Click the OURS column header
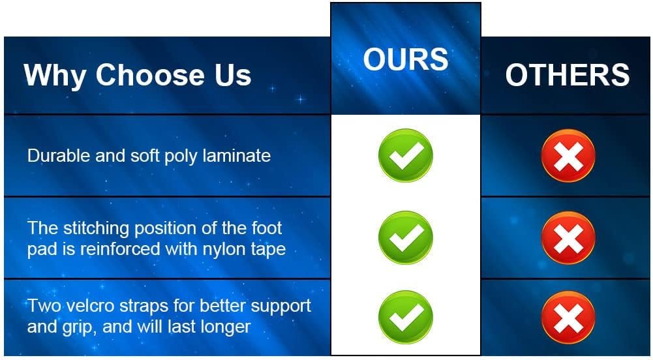(x=406, y=59)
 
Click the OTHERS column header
(x=568, y=75)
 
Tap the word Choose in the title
(x=150, y=75)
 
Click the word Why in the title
(x=55, y=76)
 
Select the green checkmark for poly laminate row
(x=406, y=155)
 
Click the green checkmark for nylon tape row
(x=406, y=237)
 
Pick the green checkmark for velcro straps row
(x=406, y=317)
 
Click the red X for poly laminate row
(x=568, y=155)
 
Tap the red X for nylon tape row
(x=568, y=237)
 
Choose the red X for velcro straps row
(x=568, y=317)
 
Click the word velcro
(x=91, y=306)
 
